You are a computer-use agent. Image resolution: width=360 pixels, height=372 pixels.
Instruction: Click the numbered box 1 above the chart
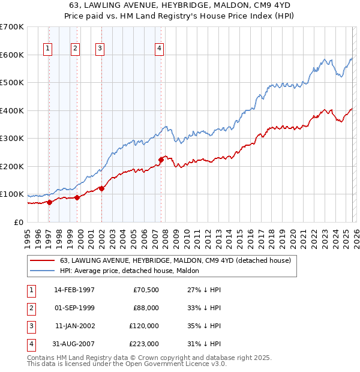pos(48,49)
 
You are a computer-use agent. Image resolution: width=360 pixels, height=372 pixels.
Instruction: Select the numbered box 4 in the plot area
pos(160,49)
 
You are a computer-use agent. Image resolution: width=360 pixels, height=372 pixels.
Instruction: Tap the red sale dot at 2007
pos(161,160)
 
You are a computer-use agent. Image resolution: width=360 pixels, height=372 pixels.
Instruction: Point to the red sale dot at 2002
pos(101,188)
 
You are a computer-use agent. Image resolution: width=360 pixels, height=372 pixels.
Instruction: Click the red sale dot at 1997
pos(49,202)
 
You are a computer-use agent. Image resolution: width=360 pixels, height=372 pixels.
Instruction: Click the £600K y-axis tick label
pos(12,55)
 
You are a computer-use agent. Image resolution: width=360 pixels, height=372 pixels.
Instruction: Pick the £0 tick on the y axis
pos(19,222)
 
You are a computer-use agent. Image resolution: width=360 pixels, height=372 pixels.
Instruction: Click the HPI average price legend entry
pos(133,271)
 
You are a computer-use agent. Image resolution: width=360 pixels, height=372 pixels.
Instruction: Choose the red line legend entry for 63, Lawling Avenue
pos(175,260)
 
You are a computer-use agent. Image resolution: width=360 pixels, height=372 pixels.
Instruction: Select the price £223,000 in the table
pos(145,344)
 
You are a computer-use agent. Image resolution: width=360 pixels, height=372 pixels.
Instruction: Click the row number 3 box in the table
pos(30,326)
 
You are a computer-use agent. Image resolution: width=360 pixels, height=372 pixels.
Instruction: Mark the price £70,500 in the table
pos(146,290)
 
